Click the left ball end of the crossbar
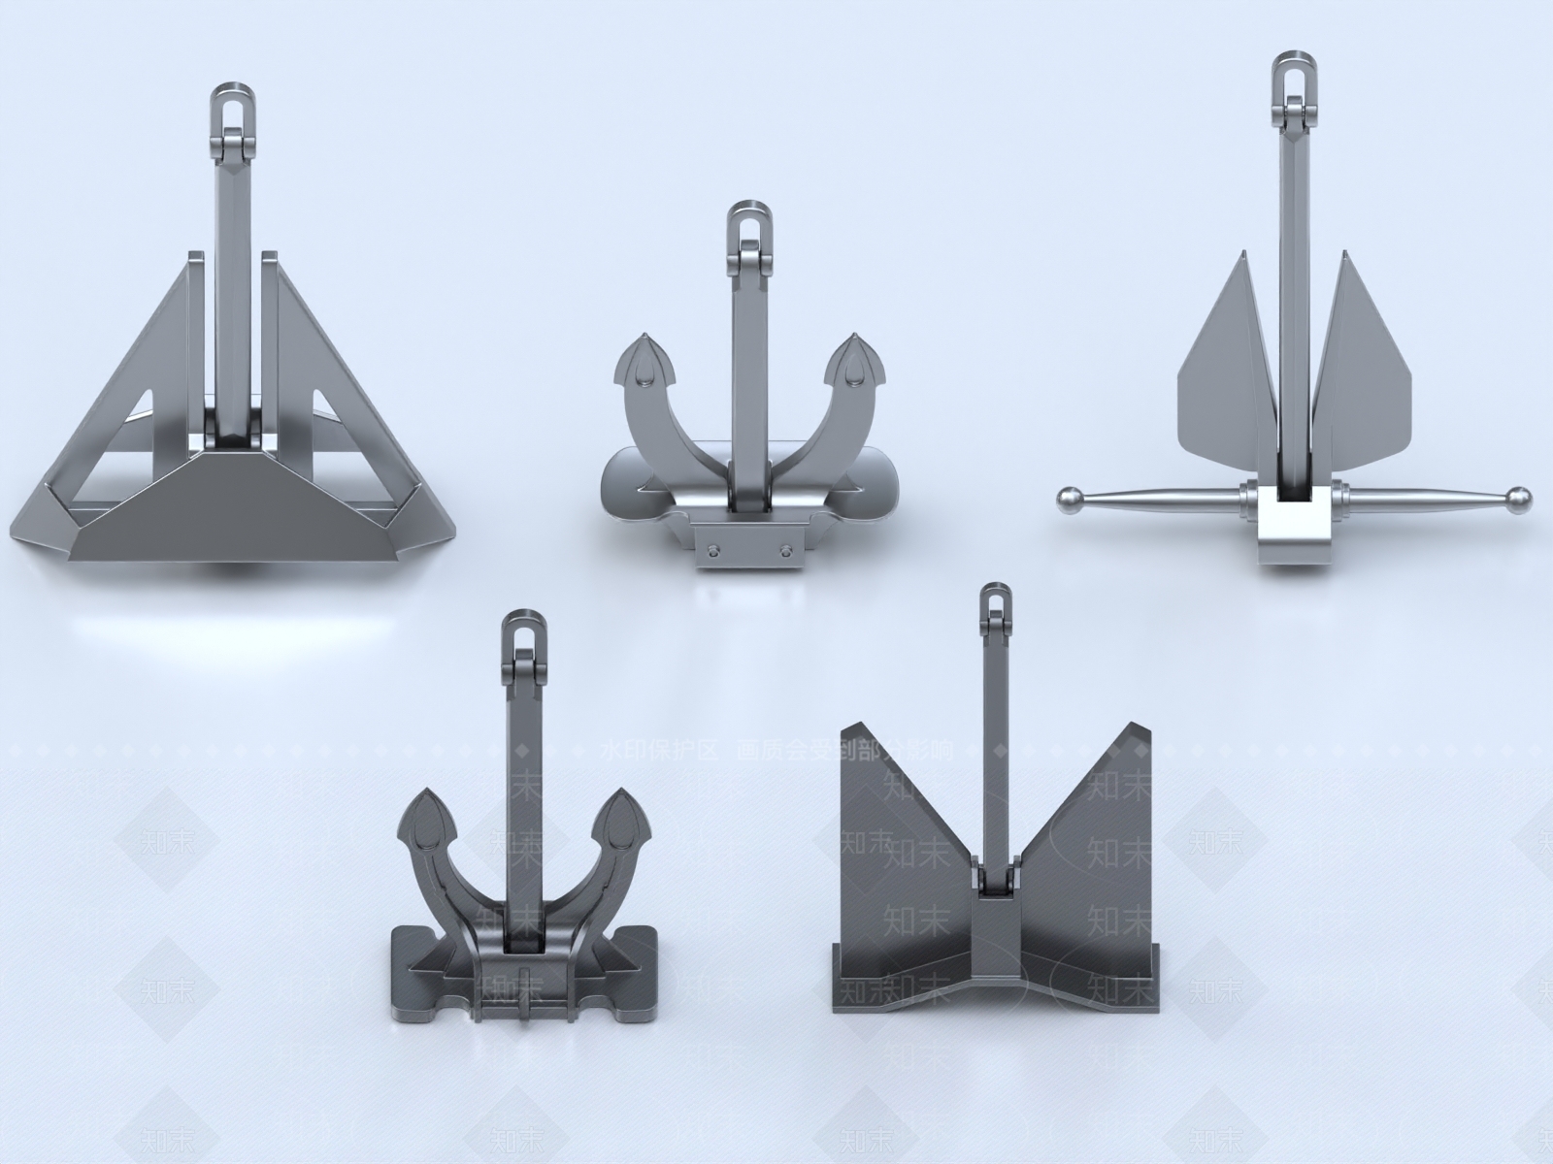pyautogui.click(x=1068, y=499)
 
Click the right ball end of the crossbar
pyautogui.click(x=1519, y=499)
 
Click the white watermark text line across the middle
pyautogui.click(x=776, y=750)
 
